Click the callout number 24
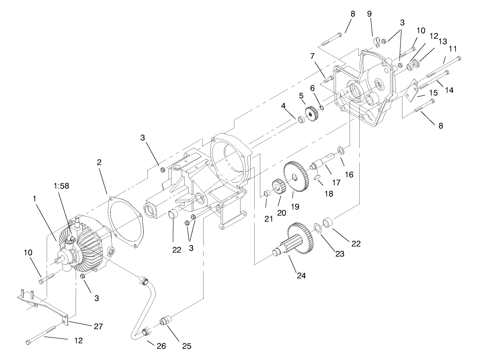click(x=301, y=276)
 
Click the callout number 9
click(x=370, y=14)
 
